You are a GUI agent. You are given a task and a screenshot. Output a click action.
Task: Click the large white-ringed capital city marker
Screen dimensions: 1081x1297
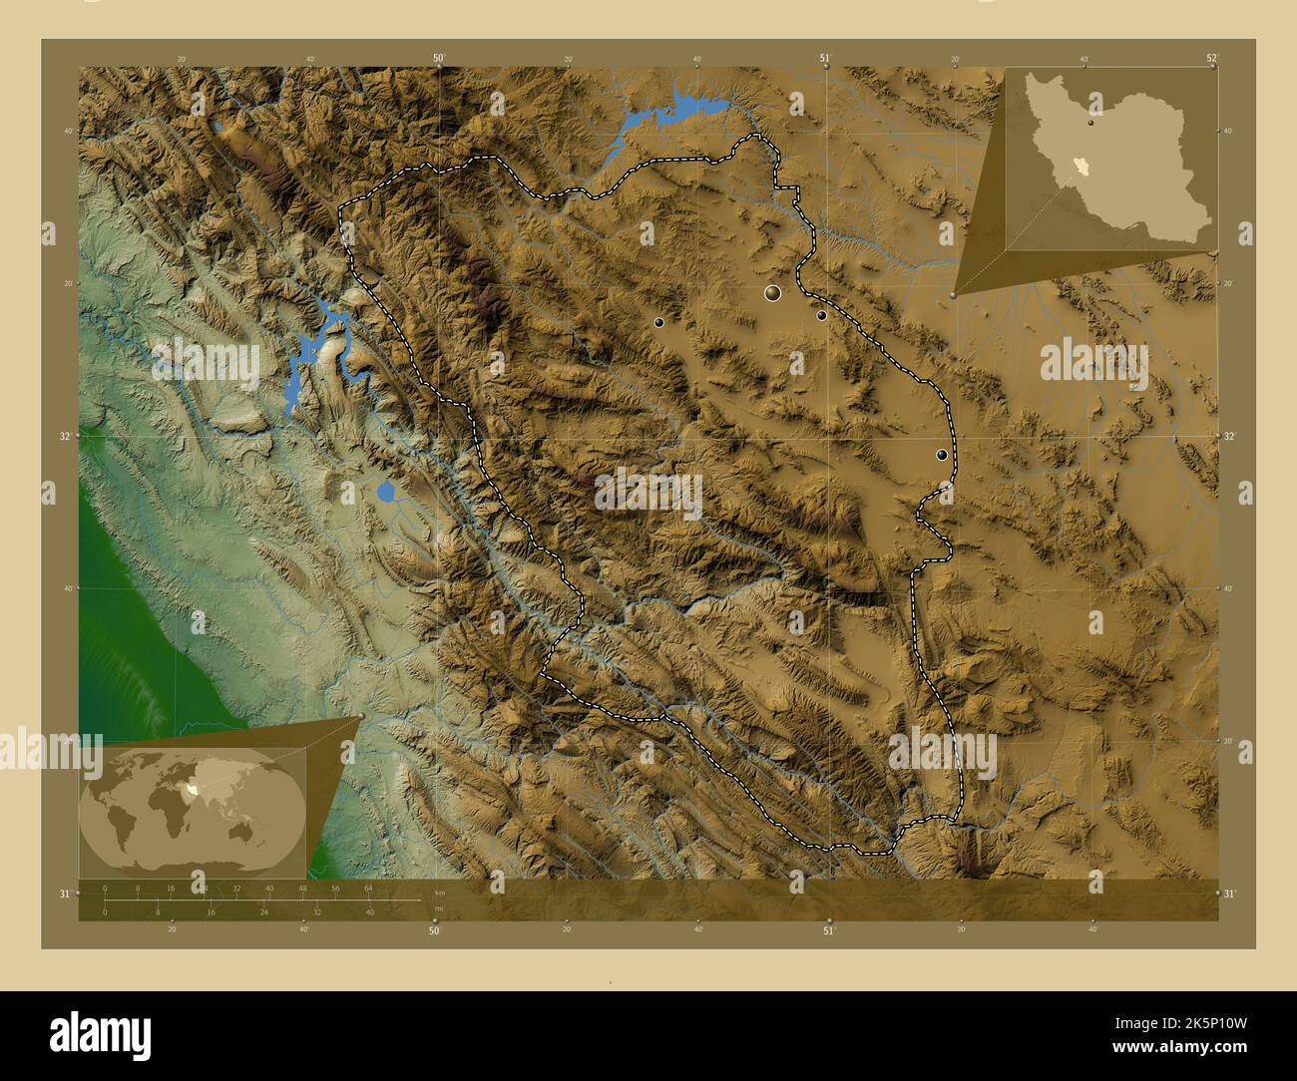pyautogui.click(x=771, y=293)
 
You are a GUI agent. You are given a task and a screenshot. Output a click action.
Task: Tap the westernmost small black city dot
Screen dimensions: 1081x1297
pyautogui.click(x=658, y=322)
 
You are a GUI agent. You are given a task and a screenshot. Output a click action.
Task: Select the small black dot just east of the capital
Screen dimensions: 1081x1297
pyautogui.click(x=821, y=315)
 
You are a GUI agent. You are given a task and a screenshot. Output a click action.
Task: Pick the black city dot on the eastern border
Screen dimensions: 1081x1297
pyautogui.click(x=941, y=455)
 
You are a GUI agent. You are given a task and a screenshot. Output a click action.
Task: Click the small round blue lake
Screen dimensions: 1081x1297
pyautogui.click(x=386, y=492)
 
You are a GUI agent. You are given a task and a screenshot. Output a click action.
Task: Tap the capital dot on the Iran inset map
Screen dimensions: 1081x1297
pyautogui.click(x=1092, y=126)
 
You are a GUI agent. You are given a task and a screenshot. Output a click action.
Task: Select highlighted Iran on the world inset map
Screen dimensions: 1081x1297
pyautogui.click(x=205, y=788)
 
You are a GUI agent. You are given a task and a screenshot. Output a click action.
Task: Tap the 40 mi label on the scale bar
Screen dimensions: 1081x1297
pyautogui.click(x=369, y=912)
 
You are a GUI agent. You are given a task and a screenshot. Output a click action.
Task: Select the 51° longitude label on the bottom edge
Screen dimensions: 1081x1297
pyautogui.click(x=828, y=931)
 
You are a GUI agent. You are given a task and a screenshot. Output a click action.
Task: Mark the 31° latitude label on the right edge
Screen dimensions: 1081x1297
pyautogui.click(x=1229, y=894)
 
